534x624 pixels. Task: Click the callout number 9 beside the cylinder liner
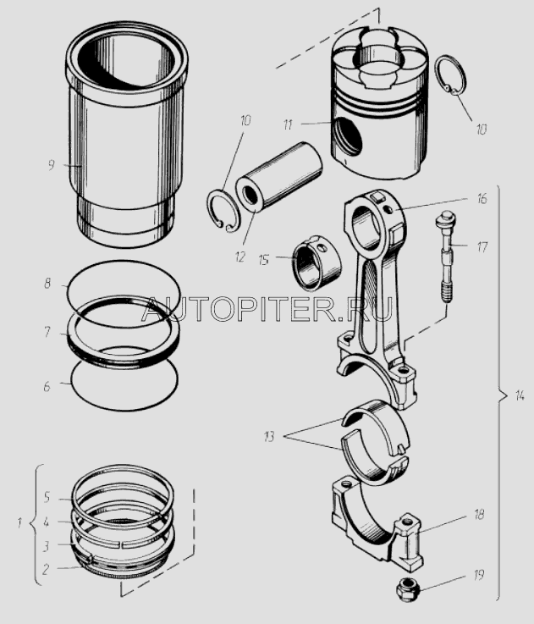coord(51,165)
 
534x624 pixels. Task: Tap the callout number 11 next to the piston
coord(288,125)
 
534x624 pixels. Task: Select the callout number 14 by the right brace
coord(520,396)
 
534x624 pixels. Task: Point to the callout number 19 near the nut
coord(479,575)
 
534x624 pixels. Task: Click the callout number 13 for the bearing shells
coord(269,437)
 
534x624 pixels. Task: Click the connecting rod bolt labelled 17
coord(445,260)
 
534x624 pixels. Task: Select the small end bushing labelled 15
coord(317,261)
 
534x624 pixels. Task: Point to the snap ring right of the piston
coord(450,75)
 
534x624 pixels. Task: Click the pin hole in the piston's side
coord(348,137)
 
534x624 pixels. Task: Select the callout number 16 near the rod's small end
coord(482,198)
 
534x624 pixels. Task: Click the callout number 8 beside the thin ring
coord(47,284)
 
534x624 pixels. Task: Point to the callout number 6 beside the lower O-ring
coord(47,386)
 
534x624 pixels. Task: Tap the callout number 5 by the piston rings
coord(47,497)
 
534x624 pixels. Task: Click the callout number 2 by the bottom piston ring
coord(46,569)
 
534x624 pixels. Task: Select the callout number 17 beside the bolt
coord(482,247)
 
